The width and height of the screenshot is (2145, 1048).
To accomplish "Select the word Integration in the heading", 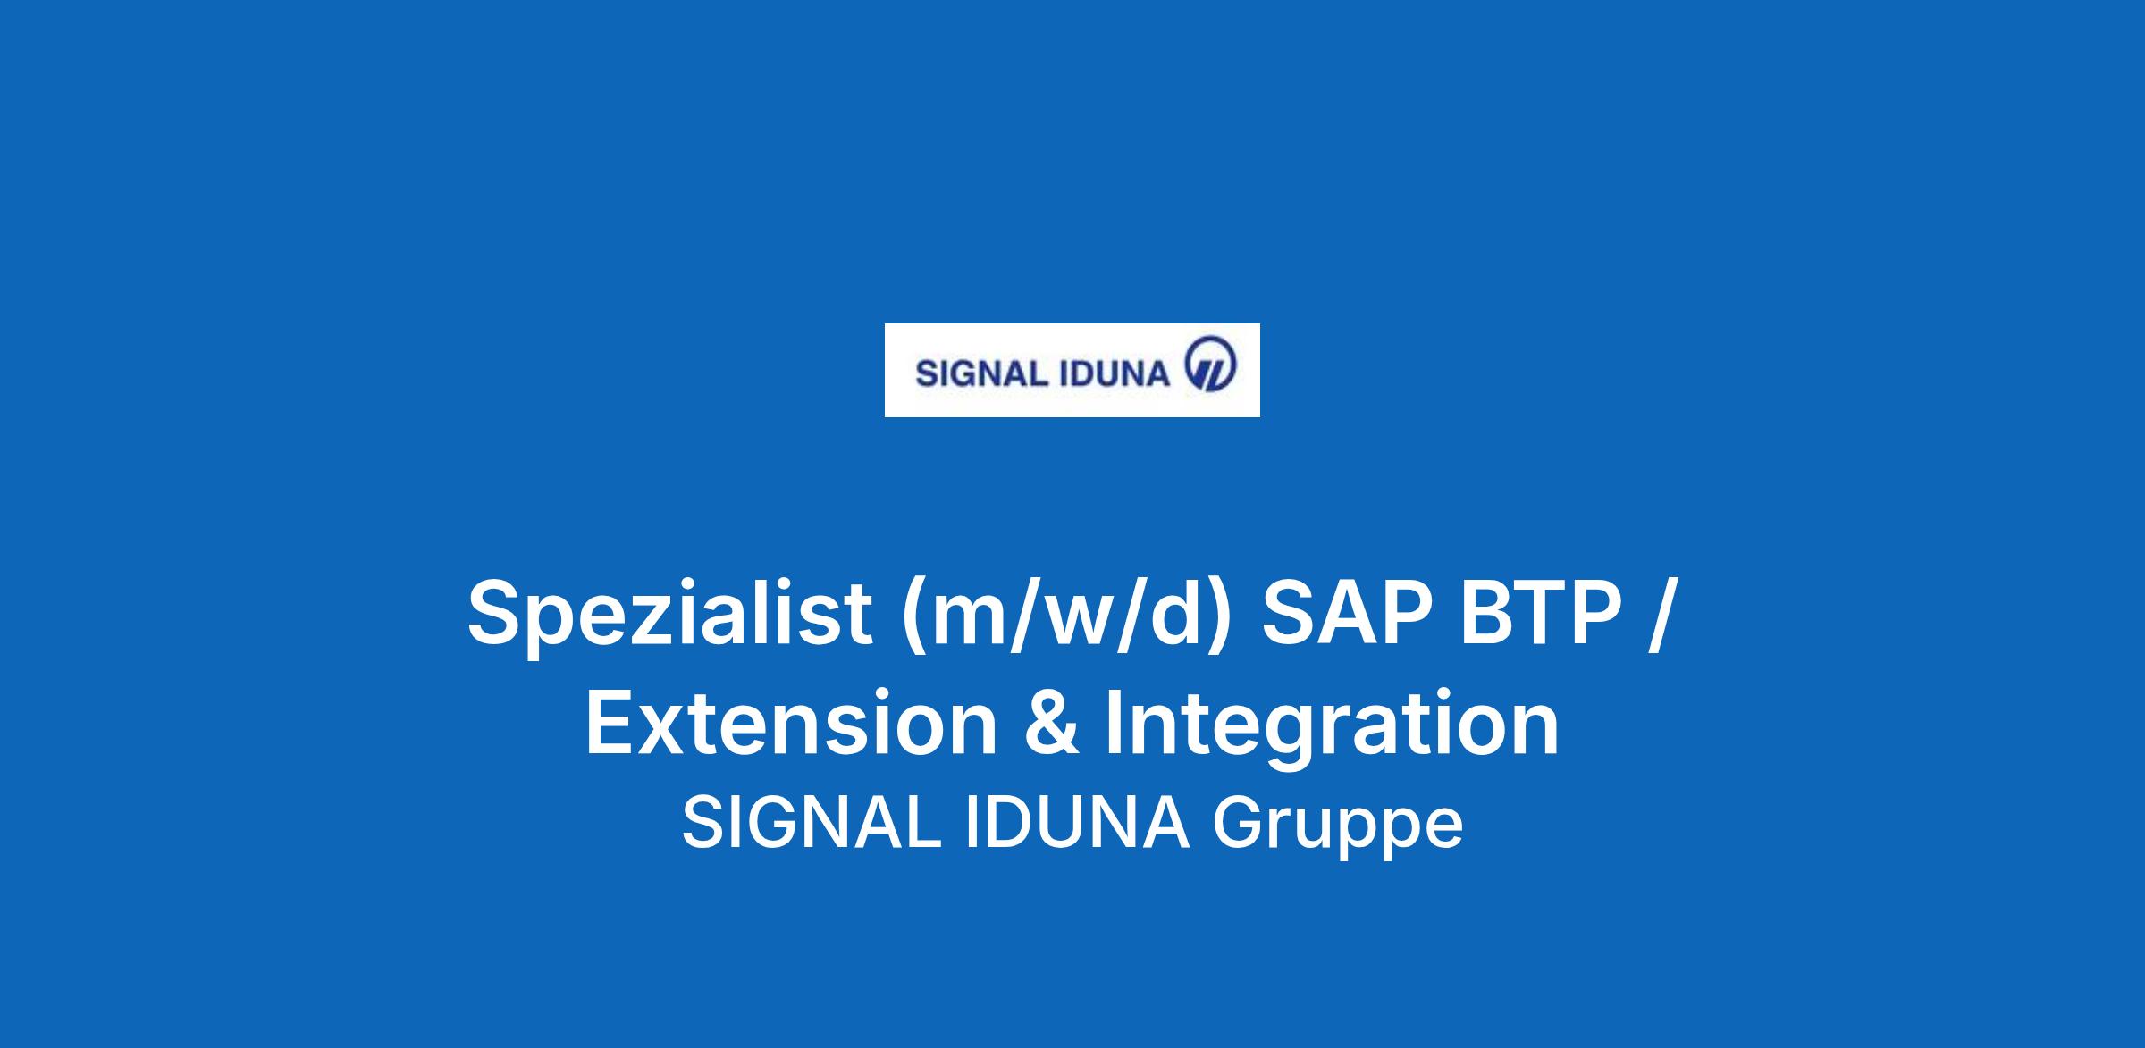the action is click(1332, 725).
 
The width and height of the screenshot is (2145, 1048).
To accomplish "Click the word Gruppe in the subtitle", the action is click(1337, 828).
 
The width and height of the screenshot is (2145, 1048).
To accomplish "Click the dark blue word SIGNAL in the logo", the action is click(980, 373).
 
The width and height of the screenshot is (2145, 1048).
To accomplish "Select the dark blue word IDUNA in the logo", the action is click(1114, 373).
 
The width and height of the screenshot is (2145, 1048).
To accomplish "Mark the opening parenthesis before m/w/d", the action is click(913, 616).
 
